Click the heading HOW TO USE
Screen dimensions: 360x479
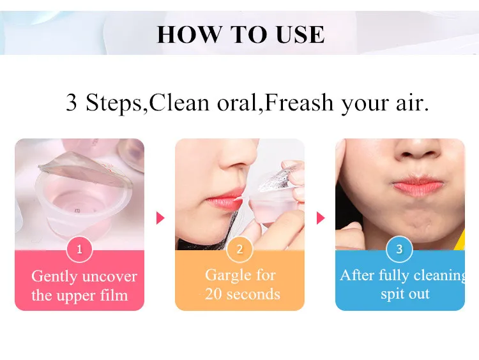click(240, 34)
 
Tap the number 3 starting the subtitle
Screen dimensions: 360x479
click(72, 102)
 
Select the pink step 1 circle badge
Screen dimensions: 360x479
click(79, 250)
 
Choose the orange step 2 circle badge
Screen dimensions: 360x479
click(240, 250)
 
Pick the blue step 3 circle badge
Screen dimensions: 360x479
click(400, 250)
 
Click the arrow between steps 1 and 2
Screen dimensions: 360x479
click(160, 218)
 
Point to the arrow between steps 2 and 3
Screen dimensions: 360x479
click(321, 218)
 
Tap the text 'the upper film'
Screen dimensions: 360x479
click(79, 296)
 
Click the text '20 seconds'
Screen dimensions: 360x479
click(243, 294)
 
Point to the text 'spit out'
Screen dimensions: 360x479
click(405, 294)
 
